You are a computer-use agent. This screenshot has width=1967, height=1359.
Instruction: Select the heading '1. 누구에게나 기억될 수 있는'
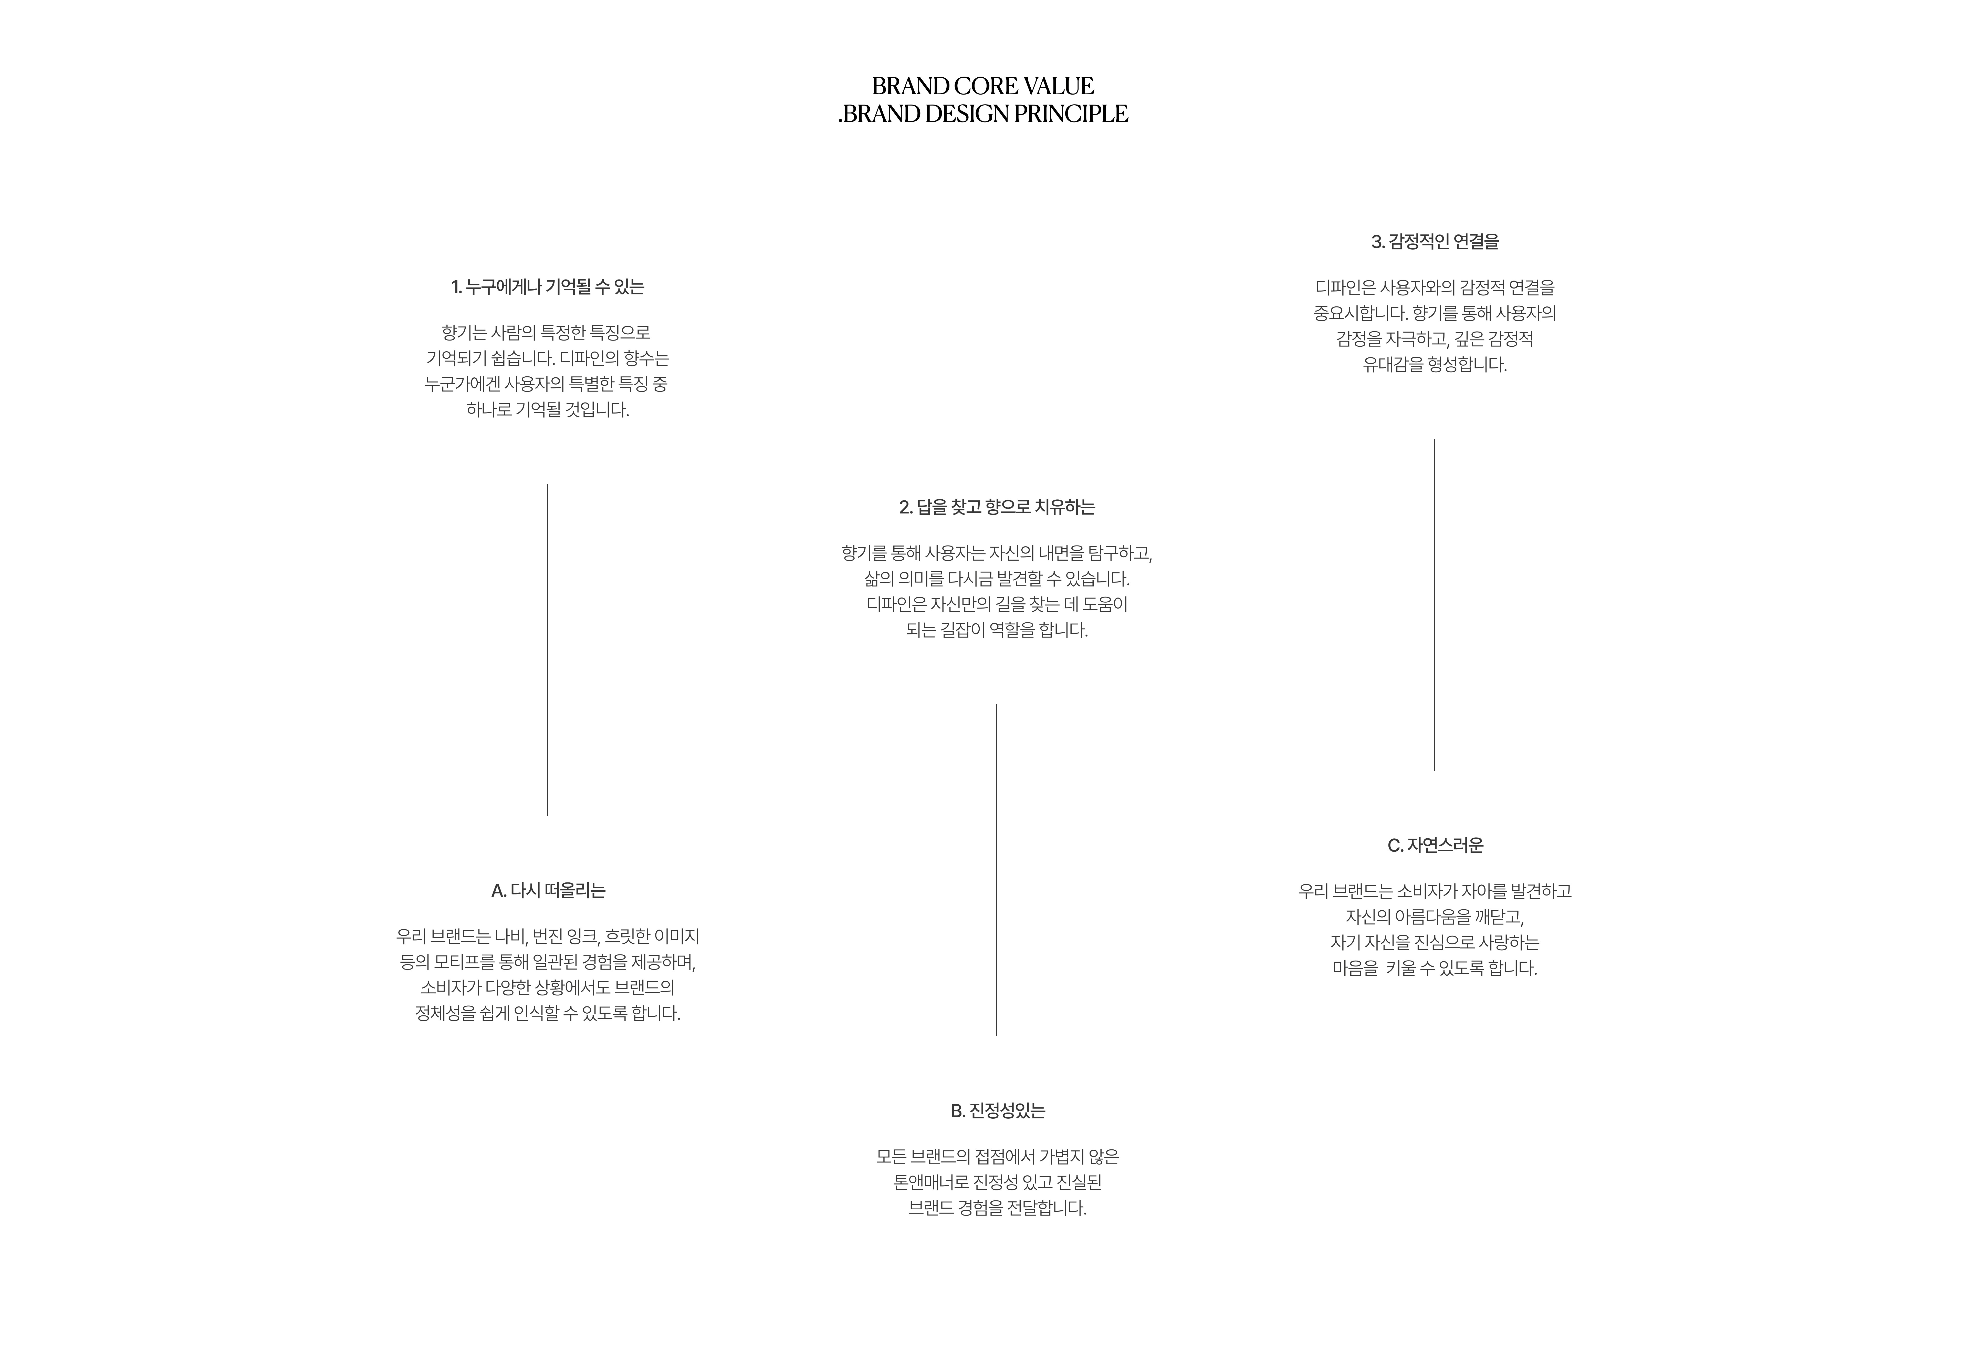tap(547, 287)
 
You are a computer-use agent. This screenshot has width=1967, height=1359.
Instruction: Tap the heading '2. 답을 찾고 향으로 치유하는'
tap(997, 508)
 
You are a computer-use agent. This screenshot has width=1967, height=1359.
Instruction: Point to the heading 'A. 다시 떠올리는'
tap(547, 891)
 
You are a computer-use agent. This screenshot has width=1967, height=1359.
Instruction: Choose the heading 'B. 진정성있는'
tap(997, 1111)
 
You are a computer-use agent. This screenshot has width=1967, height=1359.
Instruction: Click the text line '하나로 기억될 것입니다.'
tap(547, 410)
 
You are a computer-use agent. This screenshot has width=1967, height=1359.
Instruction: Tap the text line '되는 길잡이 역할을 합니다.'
tap(997, 630)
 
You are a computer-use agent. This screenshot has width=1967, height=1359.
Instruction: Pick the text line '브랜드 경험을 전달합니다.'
tap(997, 1208)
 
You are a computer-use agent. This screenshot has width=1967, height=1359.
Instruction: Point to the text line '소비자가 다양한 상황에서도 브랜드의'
tap(547, 988)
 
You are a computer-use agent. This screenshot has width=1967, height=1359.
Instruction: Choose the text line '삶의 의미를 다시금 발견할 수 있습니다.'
tap(997, 579)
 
